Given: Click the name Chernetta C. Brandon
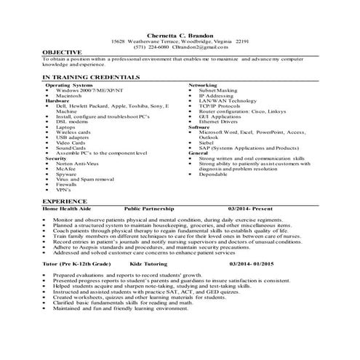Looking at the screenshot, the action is click(180, 34).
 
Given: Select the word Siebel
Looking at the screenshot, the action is click(208, 143).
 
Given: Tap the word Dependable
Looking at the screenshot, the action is click(214, 174).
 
